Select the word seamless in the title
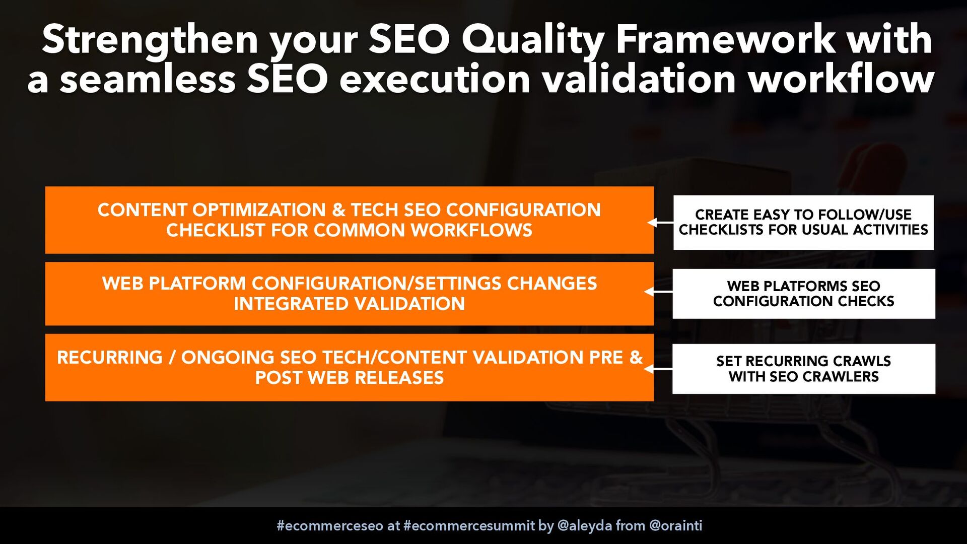coord(148,80)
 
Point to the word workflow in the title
coord(841,79)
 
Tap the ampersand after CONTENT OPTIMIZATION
coord(338,210)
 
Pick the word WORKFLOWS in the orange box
coord(471,230)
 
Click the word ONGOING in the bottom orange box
coord(228,357)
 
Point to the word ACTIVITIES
coord(890,230)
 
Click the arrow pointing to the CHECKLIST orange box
coord(660,222)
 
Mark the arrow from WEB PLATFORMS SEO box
coord(658,292)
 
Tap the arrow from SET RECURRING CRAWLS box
coord(658,369)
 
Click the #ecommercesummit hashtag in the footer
coord(469,526)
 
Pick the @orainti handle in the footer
coord(676,526)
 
